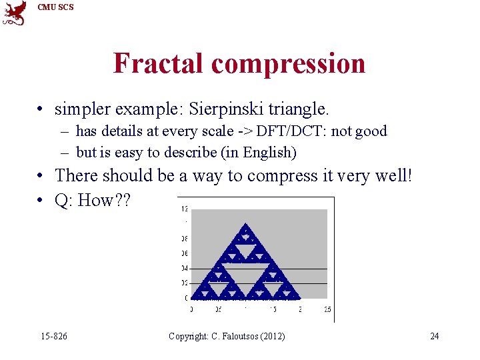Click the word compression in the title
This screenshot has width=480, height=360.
point(288,64)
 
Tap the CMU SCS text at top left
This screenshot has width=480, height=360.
point(55,7)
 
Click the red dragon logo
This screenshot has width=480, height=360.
point(15,13)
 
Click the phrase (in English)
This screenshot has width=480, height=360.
point(262,152)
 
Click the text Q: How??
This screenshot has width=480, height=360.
point(93,200)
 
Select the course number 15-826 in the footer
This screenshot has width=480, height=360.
point(54,336)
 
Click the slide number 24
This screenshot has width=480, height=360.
point(434,336)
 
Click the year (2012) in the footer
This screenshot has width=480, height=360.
point(273,336)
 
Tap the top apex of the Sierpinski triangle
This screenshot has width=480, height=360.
point(246,225)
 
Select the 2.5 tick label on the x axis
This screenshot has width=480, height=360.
point(326,310)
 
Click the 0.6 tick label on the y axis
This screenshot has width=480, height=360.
point(184,253)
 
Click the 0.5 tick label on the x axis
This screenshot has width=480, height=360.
point(218,310)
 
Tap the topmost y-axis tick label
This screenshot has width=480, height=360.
point(184,209)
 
